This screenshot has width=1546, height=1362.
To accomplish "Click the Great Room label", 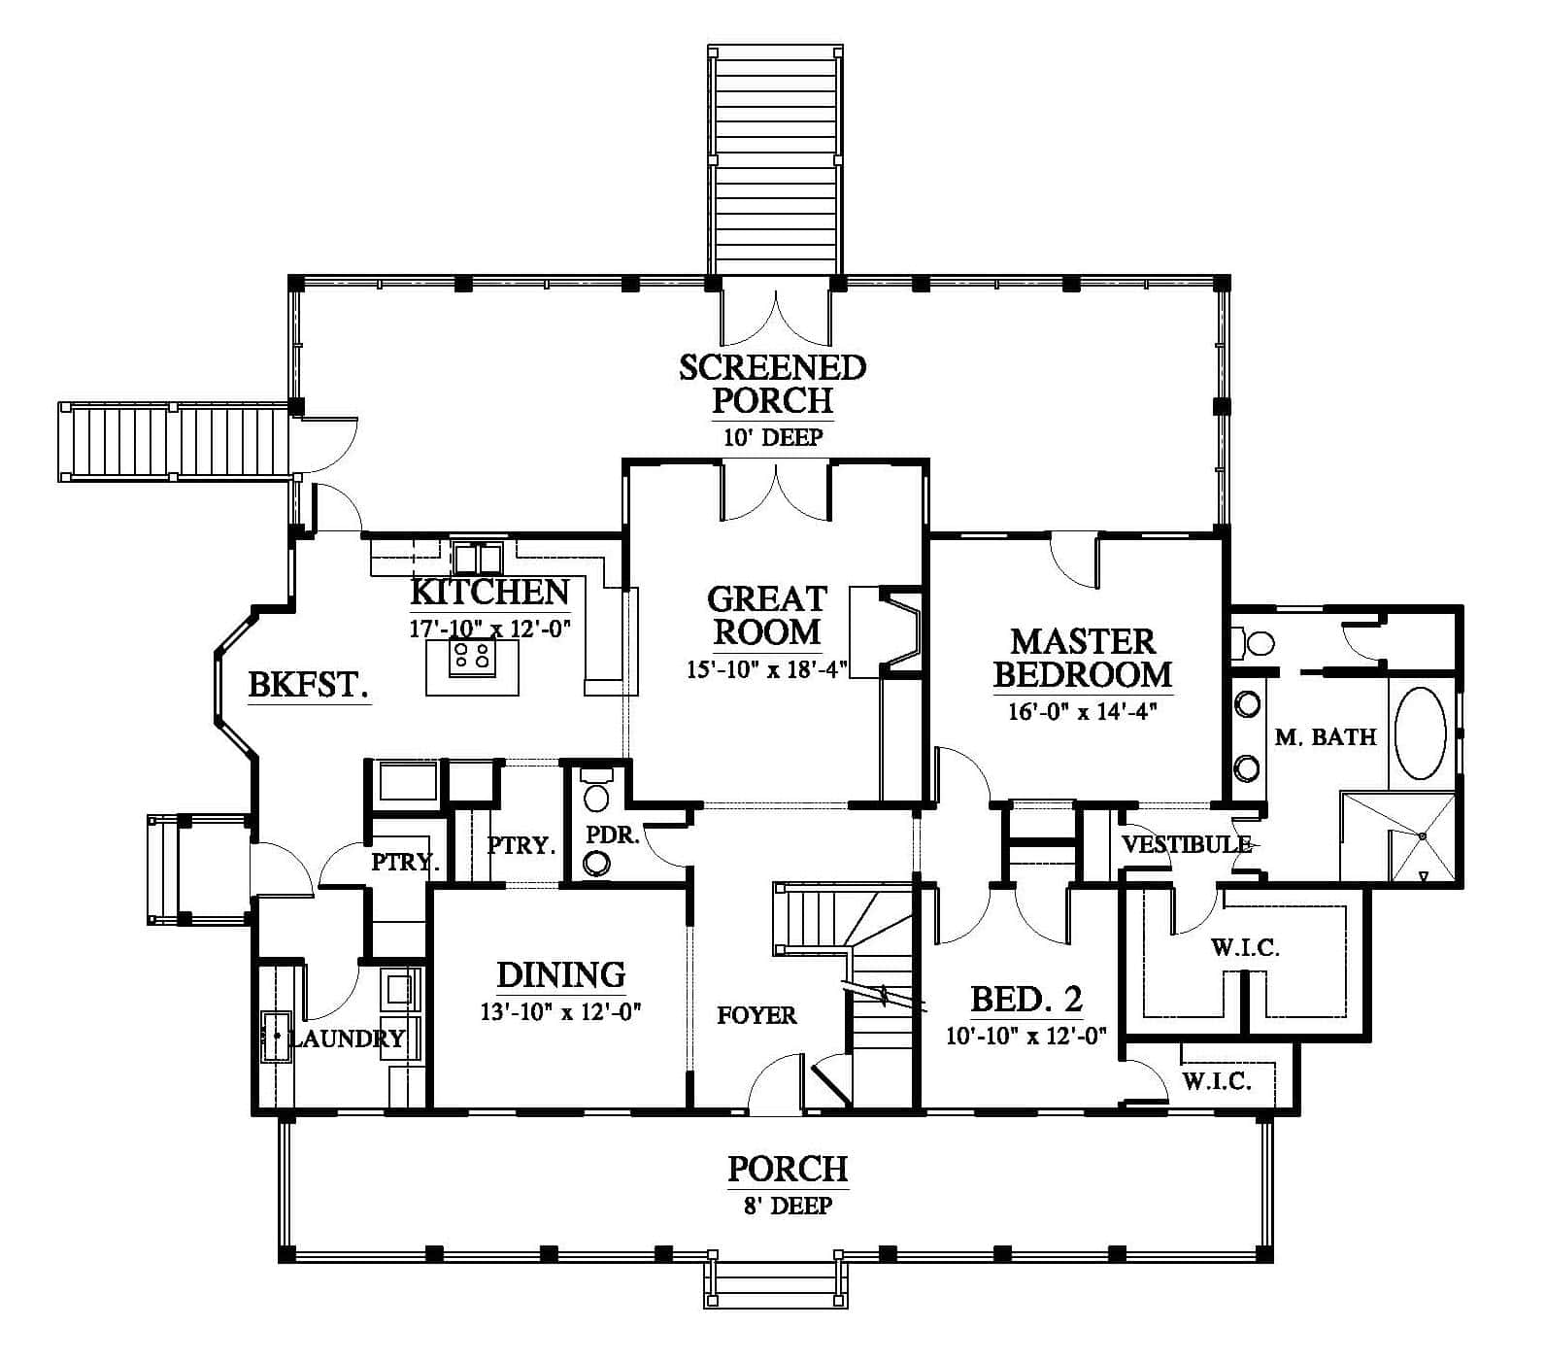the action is pos(766,615).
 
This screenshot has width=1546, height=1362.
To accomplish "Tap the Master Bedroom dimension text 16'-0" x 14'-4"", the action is pos(1084,710).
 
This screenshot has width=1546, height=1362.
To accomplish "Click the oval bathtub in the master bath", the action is pos(1421,733).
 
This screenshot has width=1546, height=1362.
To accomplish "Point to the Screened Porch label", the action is pos(772,383).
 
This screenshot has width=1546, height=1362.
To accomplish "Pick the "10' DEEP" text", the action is pos(773,437).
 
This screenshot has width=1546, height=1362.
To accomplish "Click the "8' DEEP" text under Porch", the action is pos(789,1206).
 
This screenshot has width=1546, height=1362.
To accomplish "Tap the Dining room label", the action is pos(561,973).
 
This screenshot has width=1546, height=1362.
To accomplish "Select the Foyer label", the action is pos(756,1015).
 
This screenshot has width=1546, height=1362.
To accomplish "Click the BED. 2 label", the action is pos(1026,999).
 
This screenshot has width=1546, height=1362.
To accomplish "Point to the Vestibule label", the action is pos(1187,844).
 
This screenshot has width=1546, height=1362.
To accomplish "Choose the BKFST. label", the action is pos(309,685).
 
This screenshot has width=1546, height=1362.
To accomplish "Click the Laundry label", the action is pos(348,1039).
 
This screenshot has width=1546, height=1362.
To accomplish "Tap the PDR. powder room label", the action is pos(613,834).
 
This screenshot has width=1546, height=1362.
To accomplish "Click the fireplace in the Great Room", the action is pos(886,630).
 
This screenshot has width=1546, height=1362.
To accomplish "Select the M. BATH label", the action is pos(1326,736).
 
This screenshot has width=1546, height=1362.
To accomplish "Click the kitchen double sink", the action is pos(478,558).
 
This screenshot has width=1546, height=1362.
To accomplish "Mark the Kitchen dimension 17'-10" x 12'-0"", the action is pos(489,628).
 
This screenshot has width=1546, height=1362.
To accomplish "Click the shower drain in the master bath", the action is pos(1423,835).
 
